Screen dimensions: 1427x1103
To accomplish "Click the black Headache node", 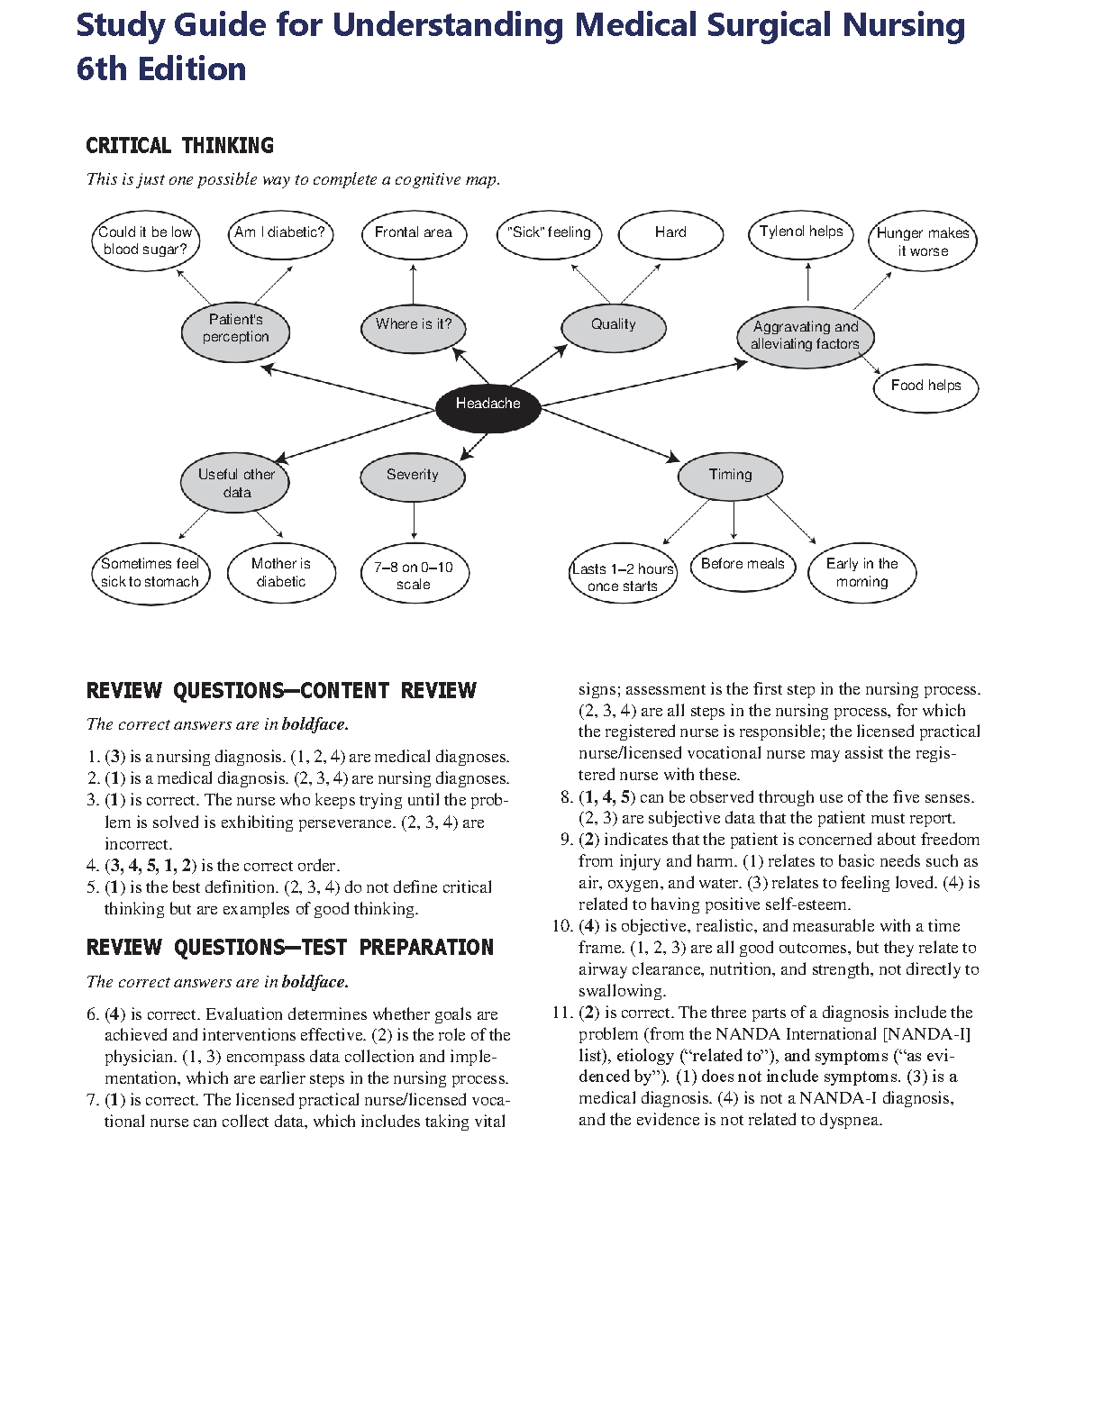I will coord(488,404).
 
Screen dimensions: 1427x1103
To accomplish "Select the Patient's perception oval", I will coord(235,330).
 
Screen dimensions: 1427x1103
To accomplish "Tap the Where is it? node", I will coord(414,325).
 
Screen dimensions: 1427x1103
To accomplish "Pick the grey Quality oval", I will coord(614,325).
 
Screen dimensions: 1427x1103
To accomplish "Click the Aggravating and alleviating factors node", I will coord(806,336).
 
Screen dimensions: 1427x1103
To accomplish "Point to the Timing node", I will coord(730,476).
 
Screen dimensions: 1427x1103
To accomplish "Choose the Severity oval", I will coord(413,476).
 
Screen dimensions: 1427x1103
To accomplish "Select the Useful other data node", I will coord(236,484).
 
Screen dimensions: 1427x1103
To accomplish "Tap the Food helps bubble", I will coord(925,386).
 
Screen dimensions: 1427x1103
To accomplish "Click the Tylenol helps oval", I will coord(801,232).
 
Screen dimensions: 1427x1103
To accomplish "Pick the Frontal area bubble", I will coord(413,233).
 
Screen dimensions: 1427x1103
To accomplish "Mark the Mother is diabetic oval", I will coord(281,573).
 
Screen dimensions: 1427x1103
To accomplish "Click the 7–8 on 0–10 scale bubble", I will coord(414,575).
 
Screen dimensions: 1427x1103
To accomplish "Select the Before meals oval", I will coord(743,565).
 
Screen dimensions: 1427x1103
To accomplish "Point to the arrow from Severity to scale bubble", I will coord(414,521).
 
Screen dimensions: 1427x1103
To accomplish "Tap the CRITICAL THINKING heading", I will coord(179,146).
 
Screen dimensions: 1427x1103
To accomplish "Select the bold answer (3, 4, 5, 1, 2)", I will coord(150,866).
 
